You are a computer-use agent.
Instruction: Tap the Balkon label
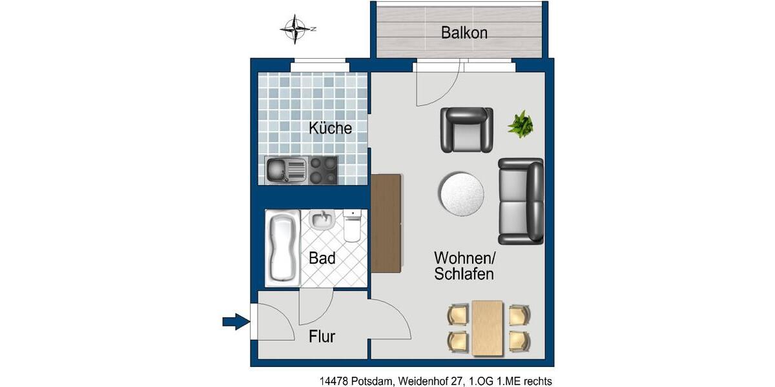tap(464, 32)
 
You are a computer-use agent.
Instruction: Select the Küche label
tap(330, 128)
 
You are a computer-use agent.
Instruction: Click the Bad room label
tap(322, 259)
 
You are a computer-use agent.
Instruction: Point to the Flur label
tap(322, 336)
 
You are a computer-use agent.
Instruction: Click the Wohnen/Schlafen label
tap(464, 266)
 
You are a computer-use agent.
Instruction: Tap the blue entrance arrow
tap(236, 320)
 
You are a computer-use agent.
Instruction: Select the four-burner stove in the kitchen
tap(323, 170)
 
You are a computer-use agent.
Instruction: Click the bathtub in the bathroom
tap(283, 248)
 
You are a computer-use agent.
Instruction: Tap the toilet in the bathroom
tap(353, 226)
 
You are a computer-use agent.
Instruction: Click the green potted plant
tap(521, 124)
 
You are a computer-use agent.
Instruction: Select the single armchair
tap(466, 130)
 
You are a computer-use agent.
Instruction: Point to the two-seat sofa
tap(521, 201)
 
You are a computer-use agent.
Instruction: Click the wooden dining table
tap(488, 328)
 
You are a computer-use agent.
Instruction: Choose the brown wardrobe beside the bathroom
tap(386, 223)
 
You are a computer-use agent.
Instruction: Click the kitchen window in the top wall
tap(319, 65)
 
